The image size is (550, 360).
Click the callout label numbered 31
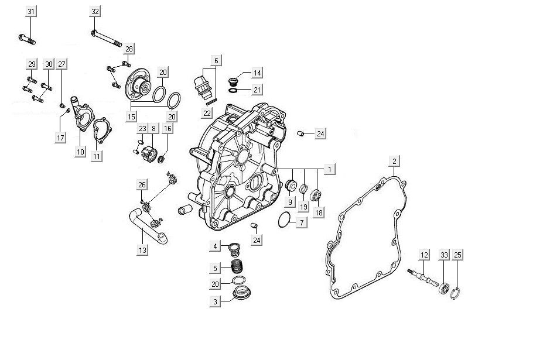click(x=31, y=12)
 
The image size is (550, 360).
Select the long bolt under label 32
click(x=106, y=38)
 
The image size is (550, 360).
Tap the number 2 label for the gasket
click(x=394, y=162)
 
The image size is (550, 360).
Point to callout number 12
click(x=425, y=255)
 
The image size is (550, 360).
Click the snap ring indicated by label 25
click(x=455, y=294)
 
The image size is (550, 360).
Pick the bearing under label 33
click(x=445, y=289)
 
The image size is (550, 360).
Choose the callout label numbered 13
click(x=142, y=251)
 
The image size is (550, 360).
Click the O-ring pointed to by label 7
click(x=285, y=220)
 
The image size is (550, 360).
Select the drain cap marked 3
click(x=242, y=293)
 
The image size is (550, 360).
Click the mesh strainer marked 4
click(x=234, y=249)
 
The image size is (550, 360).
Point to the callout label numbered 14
click(x=257, y=73)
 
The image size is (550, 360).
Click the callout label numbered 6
click(x=216, y=61)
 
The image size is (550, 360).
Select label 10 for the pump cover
click(x=80, y=152)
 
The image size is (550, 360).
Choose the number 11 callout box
click(x=97, y=156)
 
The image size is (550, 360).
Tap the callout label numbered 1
click(x=329, y=170)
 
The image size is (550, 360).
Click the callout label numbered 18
click(x=319, y=212)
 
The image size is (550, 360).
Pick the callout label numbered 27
click(x=62, y=64)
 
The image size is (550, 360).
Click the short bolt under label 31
click(x=27, y=39)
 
